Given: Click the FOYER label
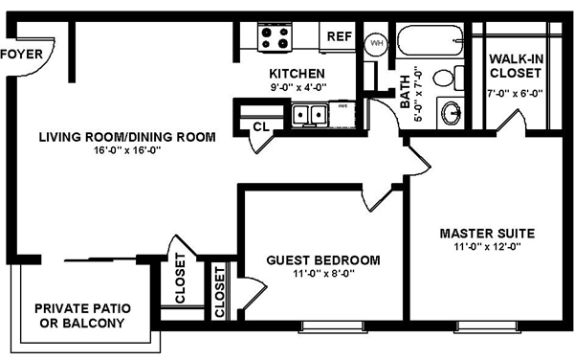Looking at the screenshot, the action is point(22,55).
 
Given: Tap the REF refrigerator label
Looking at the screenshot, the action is point(339,36).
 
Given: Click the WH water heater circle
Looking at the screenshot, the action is point(376,43).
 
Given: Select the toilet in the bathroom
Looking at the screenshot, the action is point(449,78).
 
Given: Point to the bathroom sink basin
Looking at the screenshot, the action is point(451,113).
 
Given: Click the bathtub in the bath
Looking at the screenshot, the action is point(430,40).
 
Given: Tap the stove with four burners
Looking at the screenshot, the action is point(275,37).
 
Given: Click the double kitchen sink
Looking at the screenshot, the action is point(310,115).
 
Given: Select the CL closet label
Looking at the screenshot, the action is point(261,126).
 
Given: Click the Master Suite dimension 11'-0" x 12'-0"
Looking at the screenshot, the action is point(487,247).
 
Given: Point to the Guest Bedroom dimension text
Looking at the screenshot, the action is point(323,274).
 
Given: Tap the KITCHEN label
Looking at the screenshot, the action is point(297,74).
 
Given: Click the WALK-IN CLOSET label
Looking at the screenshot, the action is point(516,66).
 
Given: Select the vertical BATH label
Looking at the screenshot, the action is point(405,92).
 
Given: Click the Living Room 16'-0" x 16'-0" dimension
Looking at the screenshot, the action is point(127,150).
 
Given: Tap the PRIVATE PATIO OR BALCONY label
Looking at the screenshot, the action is point(82,315).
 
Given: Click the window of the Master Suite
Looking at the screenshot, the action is point(487,326).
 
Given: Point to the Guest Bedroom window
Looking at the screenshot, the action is point(332,326).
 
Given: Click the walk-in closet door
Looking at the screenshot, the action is point(511,119).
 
